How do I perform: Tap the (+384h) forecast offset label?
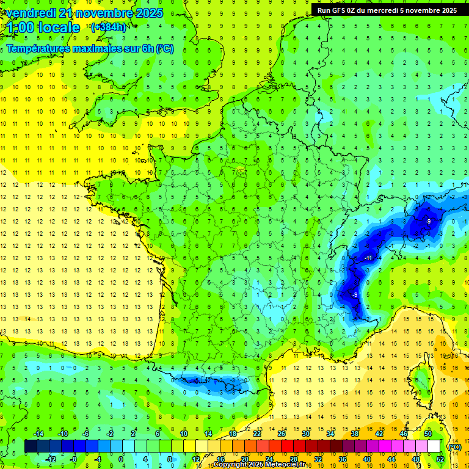109,27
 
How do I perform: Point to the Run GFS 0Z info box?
387,10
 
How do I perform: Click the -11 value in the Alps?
368,258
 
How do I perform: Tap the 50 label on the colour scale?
428,434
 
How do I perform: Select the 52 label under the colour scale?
440,459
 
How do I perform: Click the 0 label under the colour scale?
121,459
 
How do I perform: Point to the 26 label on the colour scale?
281,434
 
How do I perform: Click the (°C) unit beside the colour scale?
454,446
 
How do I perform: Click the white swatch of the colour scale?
434,446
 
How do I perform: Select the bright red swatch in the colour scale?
287,446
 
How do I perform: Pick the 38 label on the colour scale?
354,434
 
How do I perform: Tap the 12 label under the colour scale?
196,459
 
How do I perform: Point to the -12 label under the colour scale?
51,459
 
